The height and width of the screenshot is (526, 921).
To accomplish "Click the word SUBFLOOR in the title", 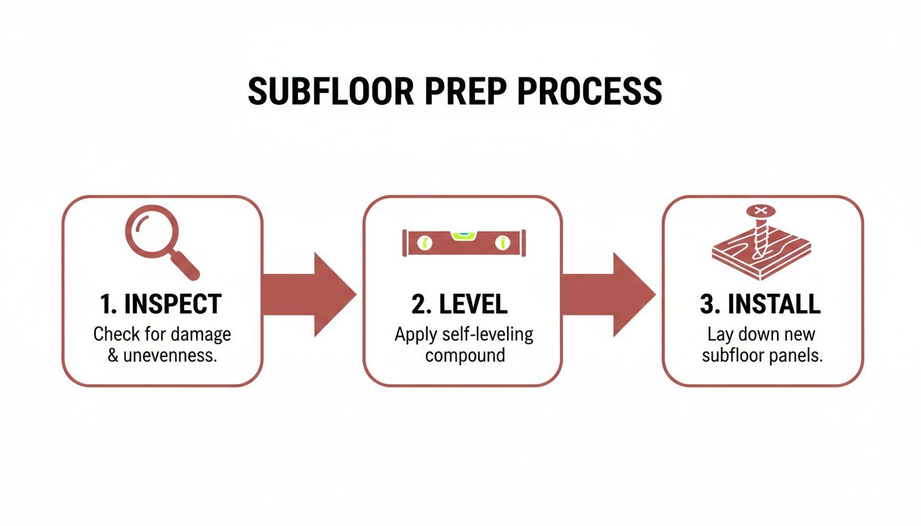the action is coord(331,91).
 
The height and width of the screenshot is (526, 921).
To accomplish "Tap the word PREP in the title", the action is coord(465,91).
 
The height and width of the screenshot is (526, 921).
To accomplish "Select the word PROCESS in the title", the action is coord(589,91).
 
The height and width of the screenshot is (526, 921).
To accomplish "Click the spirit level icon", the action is coord(464,242).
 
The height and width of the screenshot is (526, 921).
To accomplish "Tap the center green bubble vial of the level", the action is coord(464,236).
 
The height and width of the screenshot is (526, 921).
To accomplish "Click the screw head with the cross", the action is coord(761,211).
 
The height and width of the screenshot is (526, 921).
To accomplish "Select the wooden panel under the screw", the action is coord(761,255).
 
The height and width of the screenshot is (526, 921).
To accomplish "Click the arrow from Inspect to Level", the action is coord(309,295).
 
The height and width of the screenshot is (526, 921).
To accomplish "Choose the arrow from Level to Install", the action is coord(609,295).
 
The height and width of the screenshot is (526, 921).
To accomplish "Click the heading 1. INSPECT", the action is coord(161,304).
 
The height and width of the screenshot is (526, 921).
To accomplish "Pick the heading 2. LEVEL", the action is coord(459,304).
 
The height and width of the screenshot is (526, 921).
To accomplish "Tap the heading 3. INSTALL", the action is coord(760,304).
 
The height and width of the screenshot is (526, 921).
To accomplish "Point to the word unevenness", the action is coord(170,355).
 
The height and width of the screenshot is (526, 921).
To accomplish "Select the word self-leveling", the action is coord(488,335).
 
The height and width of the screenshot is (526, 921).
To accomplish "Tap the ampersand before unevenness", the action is coord(113,355).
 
